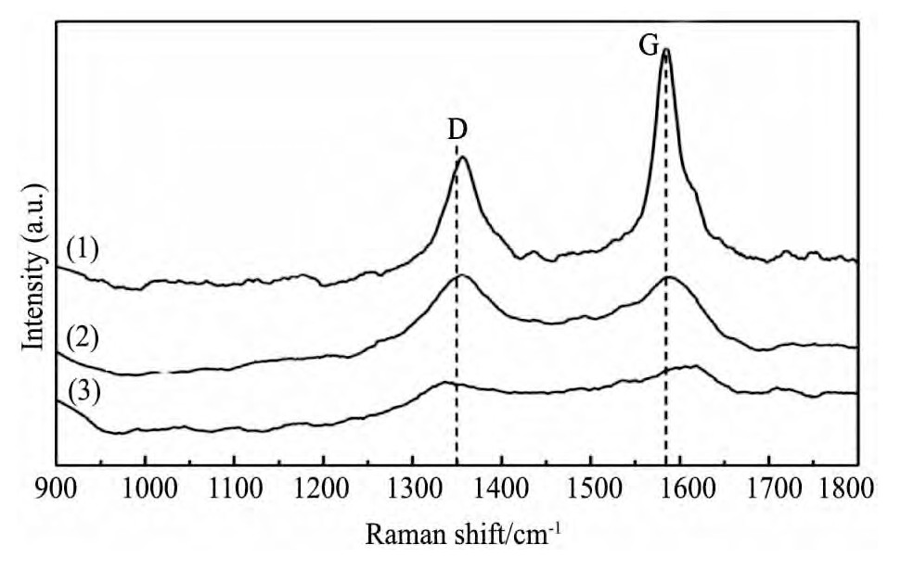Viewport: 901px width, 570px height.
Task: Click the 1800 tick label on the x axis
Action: [850, 489]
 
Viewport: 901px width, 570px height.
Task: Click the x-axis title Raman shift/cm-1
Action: [457, 535]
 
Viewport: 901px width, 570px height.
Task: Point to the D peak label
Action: [456, 131]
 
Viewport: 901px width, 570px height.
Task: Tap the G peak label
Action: [650, 44]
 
